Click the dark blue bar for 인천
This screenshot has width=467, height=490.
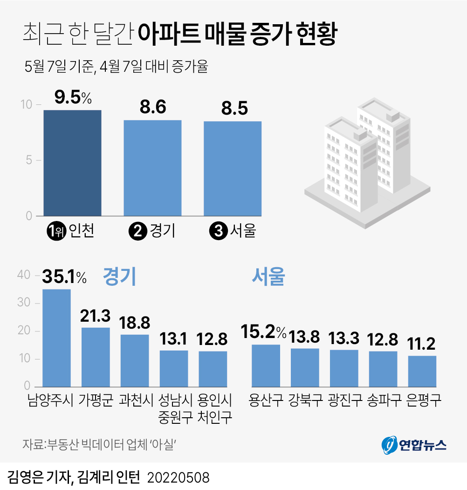point(72,163)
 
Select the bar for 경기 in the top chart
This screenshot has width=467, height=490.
point(152,168)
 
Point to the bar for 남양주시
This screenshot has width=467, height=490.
point(56,338)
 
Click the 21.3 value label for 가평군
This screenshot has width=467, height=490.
point(95,316)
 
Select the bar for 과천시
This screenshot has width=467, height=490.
point(135,360)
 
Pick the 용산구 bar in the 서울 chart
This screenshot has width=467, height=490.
point(266,366)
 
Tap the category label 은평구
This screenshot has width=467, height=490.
point(423,400)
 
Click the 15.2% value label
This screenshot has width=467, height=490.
point(263,332)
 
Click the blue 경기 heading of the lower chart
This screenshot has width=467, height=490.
point(119,277)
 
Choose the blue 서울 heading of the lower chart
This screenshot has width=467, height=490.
point(268,277)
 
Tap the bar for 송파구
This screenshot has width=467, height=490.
point(383,369)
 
